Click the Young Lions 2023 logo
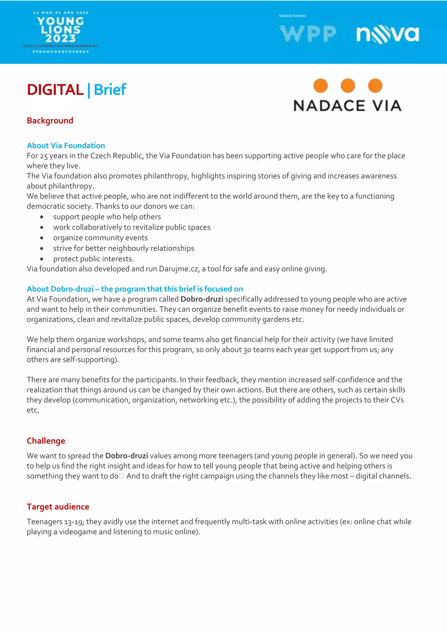coord(60,32)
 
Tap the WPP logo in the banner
coord(308,34)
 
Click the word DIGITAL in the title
coord(55,90)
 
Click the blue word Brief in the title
coord(110,90)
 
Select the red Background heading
coord(50,120)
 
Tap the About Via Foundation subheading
coord(66,145)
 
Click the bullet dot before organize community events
coord(41,238)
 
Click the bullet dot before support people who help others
coord(41,217)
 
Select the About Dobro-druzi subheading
coord(135,289)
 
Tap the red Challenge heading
coord(46,441)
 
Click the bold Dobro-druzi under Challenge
coord(127,456)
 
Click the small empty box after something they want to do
coord(122,476)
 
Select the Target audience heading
coord(58,507)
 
